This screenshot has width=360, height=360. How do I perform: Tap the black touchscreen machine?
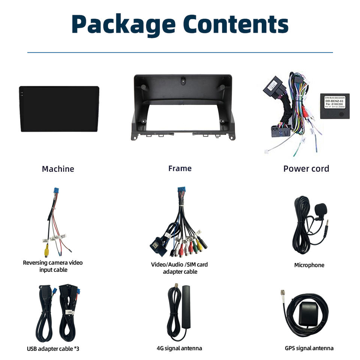(59, 109)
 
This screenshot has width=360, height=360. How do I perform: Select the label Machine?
(58, 169)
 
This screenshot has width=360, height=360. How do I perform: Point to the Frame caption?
(180, 168)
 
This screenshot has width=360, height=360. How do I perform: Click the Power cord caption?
(306, 168)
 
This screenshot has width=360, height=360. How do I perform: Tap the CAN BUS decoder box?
(334, 106)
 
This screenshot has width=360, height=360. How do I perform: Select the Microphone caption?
(309, 265)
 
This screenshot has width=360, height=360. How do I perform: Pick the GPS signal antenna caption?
(309, 348)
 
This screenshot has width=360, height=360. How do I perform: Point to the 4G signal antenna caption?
(179, 348)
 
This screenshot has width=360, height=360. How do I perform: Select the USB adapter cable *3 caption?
(53, 349)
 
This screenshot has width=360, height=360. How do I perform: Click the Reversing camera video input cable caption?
(53, 266)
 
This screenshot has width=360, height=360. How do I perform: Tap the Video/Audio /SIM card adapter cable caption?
(179, 268)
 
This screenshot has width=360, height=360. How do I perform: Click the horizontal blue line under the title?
(180, 52)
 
